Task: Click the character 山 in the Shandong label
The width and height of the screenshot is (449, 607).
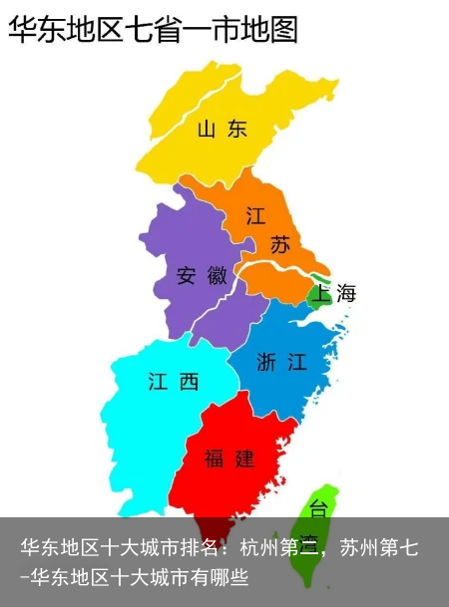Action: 208,129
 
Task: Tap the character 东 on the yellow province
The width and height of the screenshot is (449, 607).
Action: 236,129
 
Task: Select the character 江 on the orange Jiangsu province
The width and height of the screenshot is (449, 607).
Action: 256,216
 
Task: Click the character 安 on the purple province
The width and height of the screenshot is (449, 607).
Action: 187,276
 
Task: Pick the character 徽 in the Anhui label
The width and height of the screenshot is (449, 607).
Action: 218,276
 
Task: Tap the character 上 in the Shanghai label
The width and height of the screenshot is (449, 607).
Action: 321,293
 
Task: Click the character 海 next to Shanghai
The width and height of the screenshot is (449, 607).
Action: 345,293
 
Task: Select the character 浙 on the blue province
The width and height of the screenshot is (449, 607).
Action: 267,363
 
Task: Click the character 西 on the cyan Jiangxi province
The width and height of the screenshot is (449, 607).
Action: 188,381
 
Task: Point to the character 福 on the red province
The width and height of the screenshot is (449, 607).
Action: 215,458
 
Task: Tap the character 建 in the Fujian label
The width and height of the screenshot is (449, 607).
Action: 244,458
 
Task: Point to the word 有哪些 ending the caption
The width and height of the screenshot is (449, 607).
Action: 225,576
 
